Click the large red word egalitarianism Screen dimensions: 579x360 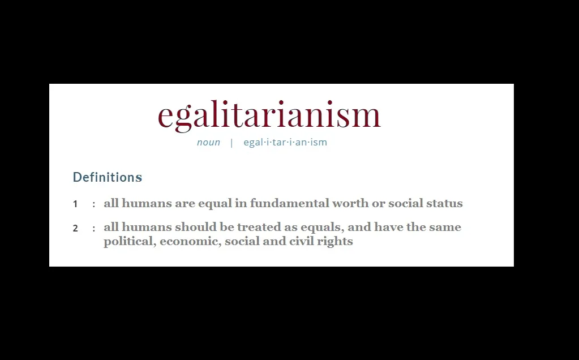click(269, 115)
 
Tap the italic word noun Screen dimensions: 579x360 click(208, 143)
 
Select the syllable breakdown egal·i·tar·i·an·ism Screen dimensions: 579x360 click(285, 142)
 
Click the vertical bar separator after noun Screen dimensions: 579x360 click(231, 143)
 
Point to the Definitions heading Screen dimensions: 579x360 click(108, 177)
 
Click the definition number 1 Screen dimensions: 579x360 click(75, 204)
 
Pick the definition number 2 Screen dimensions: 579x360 click(75, 228)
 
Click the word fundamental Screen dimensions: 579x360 click(290, 203)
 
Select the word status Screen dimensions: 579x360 click(444, 203)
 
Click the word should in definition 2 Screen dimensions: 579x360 click(196, 227)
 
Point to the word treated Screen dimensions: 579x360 click(259, 227)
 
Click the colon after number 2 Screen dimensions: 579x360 click(94, 229)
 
